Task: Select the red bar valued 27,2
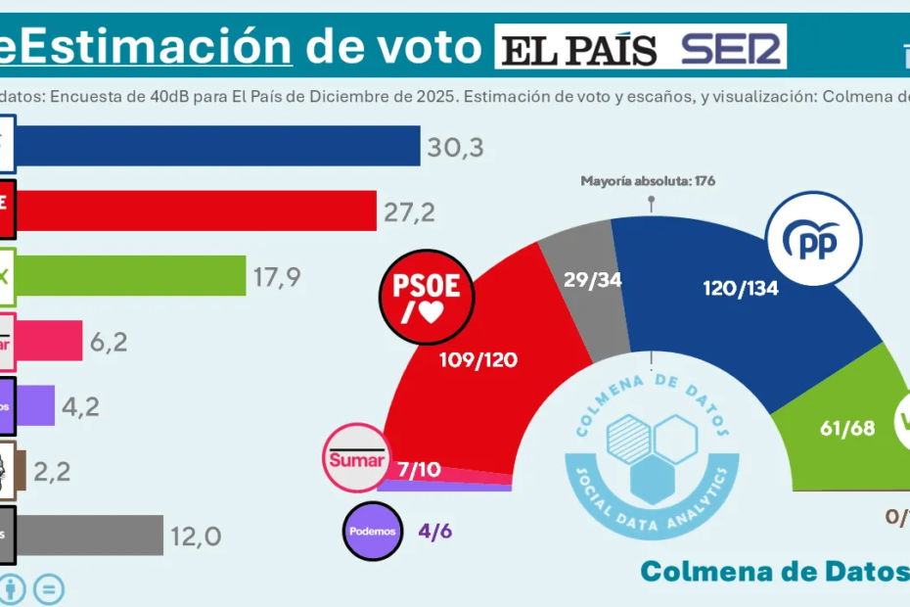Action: [x=197, y=210]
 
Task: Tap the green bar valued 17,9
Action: [x=131, y=275]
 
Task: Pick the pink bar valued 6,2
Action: [x=50, y=340]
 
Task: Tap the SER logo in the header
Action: [x=733, y=48]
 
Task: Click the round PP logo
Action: [x=814, y=241]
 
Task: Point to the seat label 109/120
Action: [x=478, y=359]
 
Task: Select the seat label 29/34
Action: [x=593, y=279]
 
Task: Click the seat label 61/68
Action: [x=845, y=428]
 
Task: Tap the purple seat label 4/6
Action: [x=434, y=531]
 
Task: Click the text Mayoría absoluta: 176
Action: [x=649, y=180]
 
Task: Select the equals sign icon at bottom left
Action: [x=50, y=589]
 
